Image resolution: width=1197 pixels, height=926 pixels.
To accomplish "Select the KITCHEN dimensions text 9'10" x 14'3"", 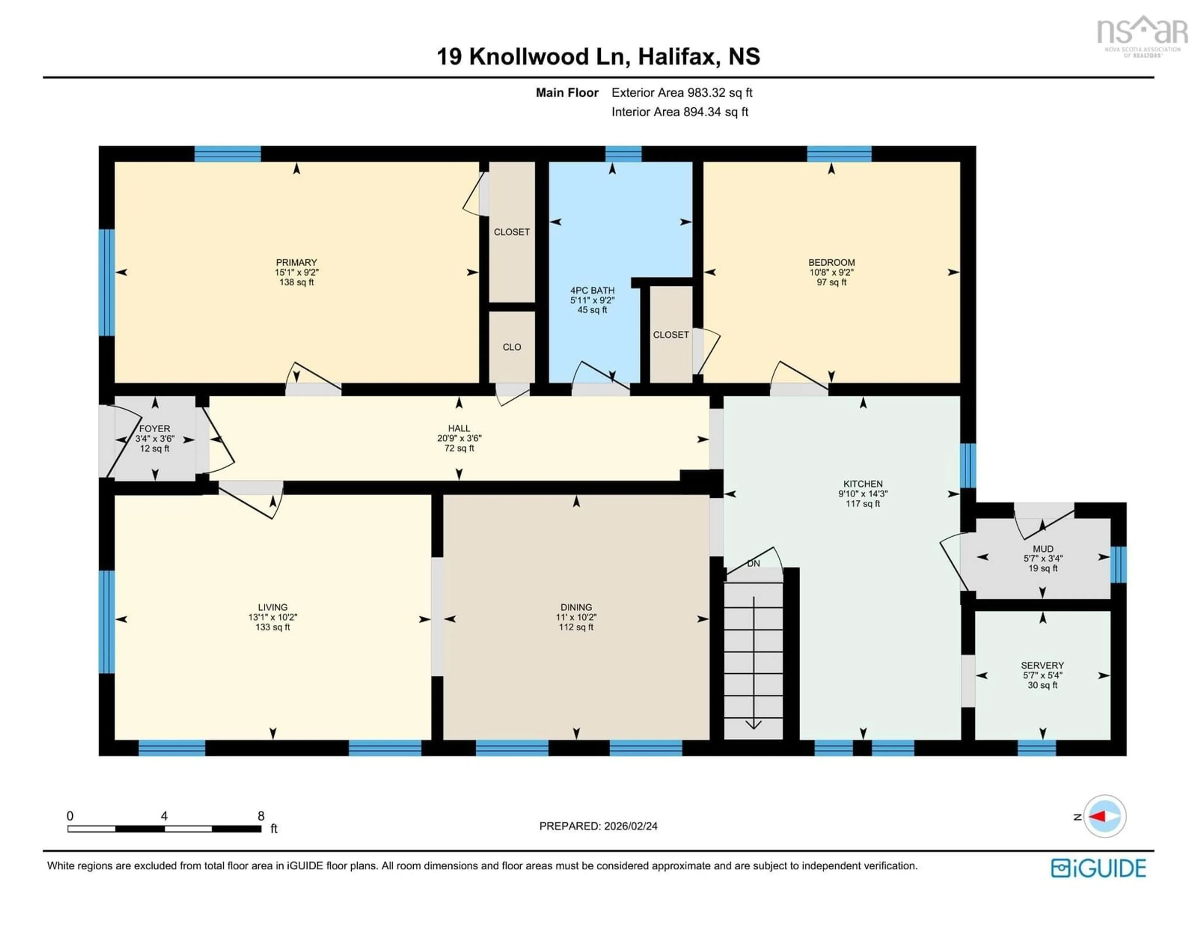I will [x=863, y=493].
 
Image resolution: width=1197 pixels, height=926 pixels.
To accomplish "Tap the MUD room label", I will [x=1042, y=549].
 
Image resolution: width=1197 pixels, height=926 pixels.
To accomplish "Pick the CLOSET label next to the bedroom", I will [x=670, y=334].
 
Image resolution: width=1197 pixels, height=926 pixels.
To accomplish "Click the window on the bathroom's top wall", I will [x=623, y=154].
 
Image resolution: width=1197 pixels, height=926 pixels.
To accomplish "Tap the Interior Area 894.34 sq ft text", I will [x=680, y=112].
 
